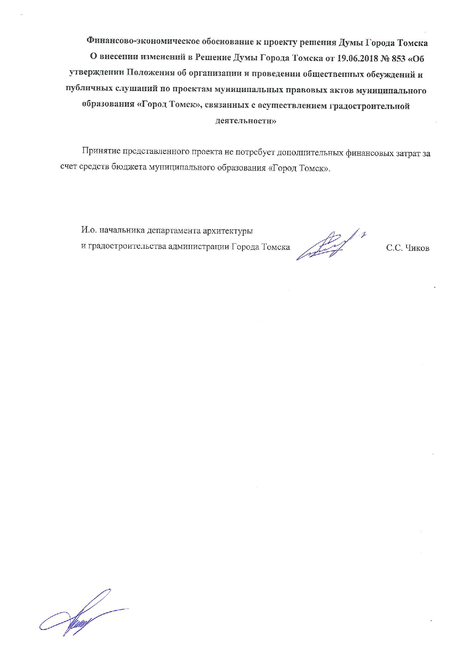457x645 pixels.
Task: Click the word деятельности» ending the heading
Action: pyautogui.click(x=245, y=121)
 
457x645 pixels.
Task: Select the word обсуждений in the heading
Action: pyautogui.click(x=390, y=74)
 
